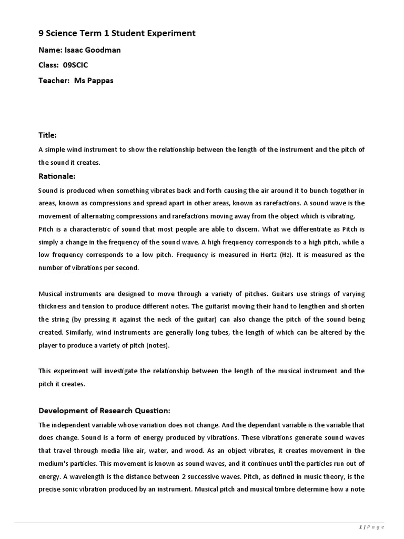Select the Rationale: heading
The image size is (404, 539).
click(x=57, y=176)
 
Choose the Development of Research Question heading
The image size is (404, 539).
click(x=105, y=411)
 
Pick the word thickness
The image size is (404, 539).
click(x=54, y=306)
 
